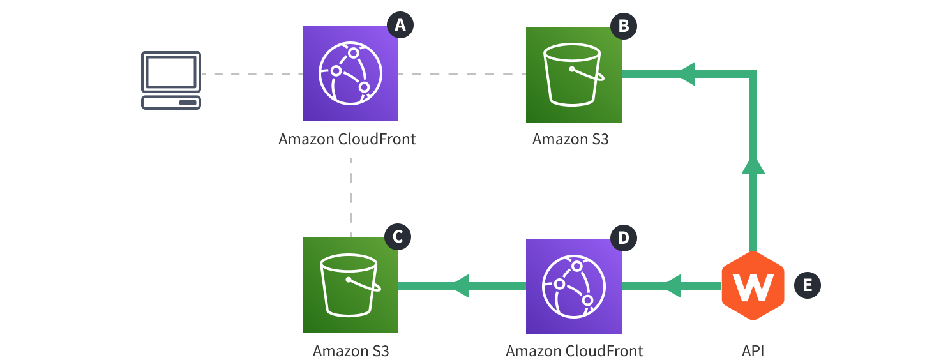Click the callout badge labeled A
pyautogui.click(x=400, y=25)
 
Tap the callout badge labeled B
pyautogui.click(x=624, y=26)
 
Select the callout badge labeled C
pyautogui.click(x=397, y=237)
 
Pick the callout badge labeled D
pyautogui.click(x=624, y=237)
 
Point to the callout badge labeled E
pyautogui.click(x=807, y=285)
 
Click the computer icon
pyautogui.click(x=170, y=80)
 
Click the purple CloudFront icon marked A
pyautogui.click(x=350, y=73)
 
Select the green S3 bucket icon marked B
pyautogui.click(x=573, y=75)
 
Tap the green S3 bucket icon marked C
pyautogui.click(x=350, y=285)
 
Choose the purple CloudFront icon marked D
pyautogui.click(x=573, y=286)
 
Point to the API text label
pyautogui.click(x=753, y=350)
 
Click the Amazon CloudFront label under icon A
pyautogui.click(x=347, y=139)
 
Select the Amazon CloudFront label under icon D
pyautogui.click(x=574, y=350)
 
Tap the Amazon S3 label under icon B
pyautogui.click(x=570, y=139)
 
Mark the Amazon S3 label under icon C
pyautogui.click(x=350, y=350)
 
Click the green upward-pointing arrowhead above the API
pyautogui.click(x=753, y=165)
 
